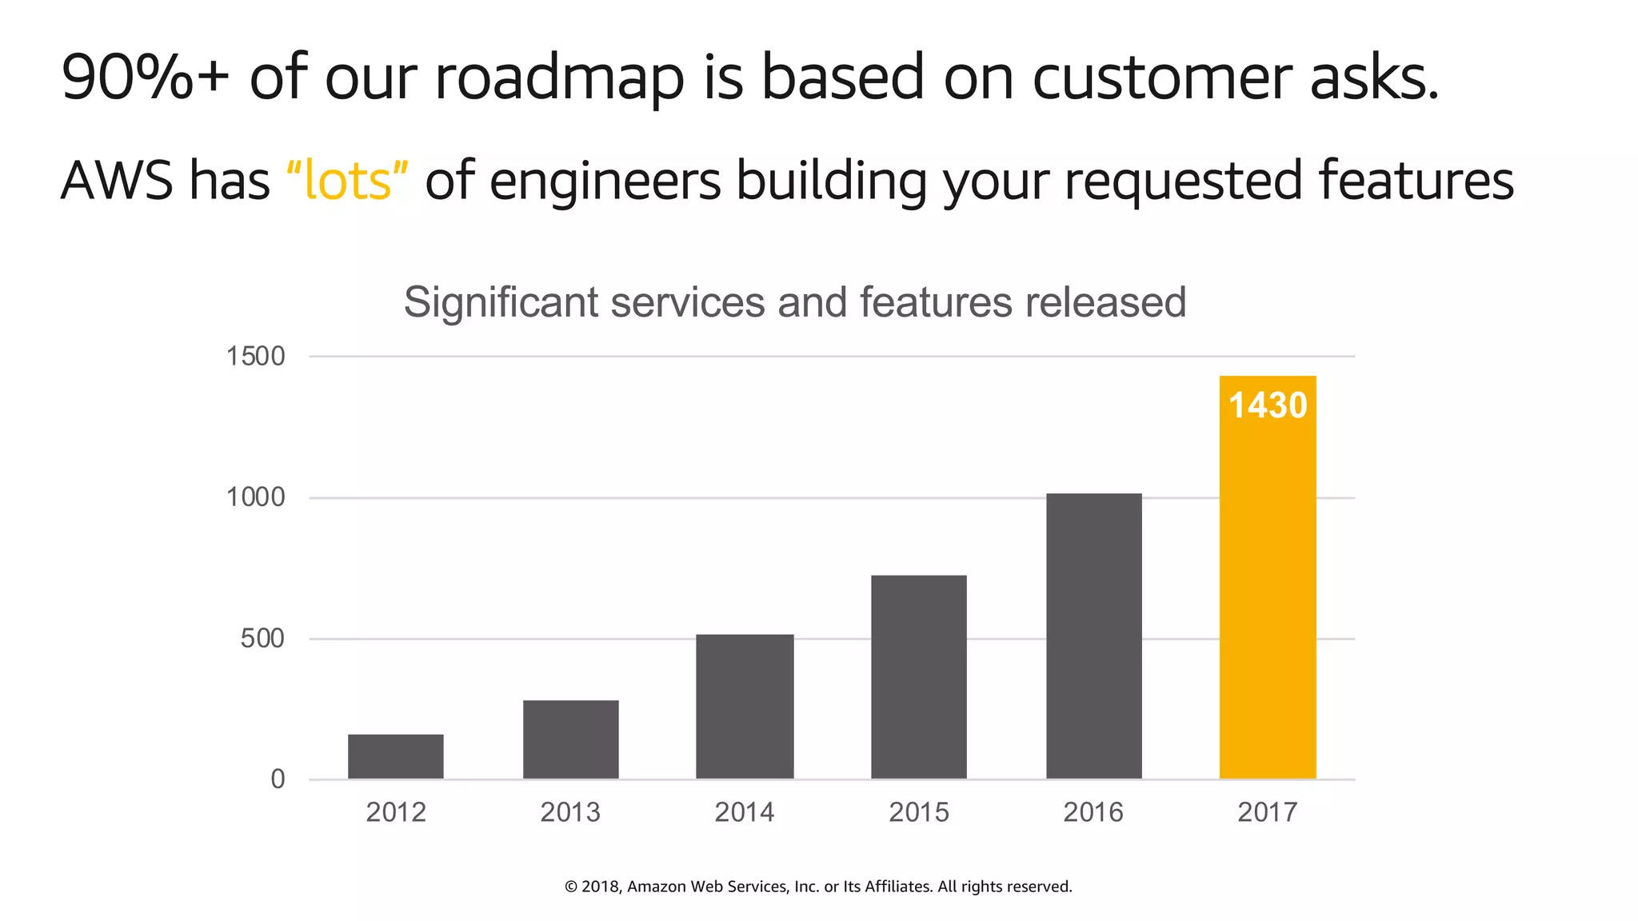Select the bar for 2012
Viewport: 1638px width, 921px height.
pos(395,756)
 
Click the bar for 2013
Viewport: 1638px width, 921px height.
pos(570,740)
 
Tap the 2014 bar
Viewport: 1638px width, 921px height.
pos(745,707)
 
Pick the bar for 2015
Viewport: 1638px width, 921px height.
pos(919,677)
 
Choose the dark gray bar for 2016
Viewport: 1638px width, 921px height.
pos(1093,636)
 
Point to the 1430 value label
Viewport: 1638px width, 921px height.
pos(1268,405)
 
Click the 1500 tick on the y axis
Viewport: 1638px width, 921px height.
pos(255,357)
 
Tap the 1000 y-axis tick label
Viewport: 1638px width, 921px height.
pos(255,497)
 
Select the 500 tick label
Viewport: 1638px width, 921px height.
pos(262,639)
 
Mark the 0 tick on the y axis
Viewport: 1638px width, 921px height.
pos(278,779)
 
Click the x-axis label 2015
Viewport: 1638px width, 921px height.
pos(919,812)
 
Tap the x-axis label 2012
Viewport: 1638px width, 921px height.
pos(396,812)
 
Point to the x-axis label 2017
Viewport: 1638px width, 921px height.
pos(1268,812)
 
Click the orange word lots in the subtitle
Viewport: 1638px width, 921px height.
pos(348,181)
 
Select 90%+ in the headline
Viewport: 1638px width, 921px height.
pos(145,78)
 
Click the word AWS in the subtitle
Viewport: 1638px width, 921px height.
pos(117,181)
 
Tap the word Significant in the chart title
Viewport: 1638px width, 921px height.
pos(501,302)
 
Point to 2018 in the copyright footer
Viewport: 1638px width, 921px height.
pos(600,887)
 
